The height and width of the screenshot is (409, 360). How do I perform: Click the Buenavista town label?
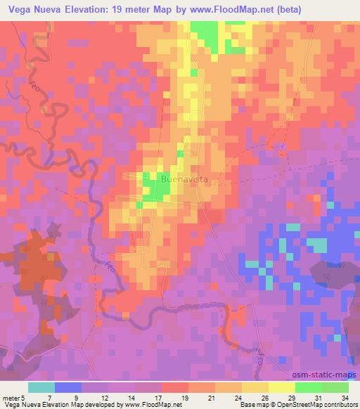pos(185,180)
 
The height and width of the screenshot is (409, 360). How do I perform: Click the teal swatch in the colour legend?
pos(41,387)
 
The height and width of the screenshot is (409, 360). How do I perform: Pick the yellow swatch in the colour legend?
pos(282,387)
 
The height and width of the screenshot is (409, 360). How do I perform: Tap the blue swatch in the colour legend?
pos(68,387)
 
